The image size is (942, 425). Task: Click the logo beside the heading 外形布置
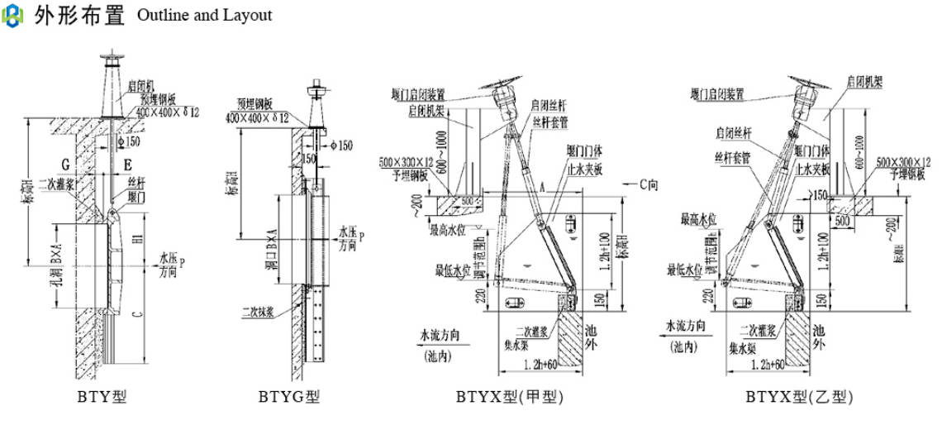(x=14, y=16)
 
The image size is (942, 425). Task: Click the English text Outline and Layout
(x=204, y=16)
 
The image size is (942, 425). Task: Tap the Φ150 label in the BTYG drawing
(x=340, y=146)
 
